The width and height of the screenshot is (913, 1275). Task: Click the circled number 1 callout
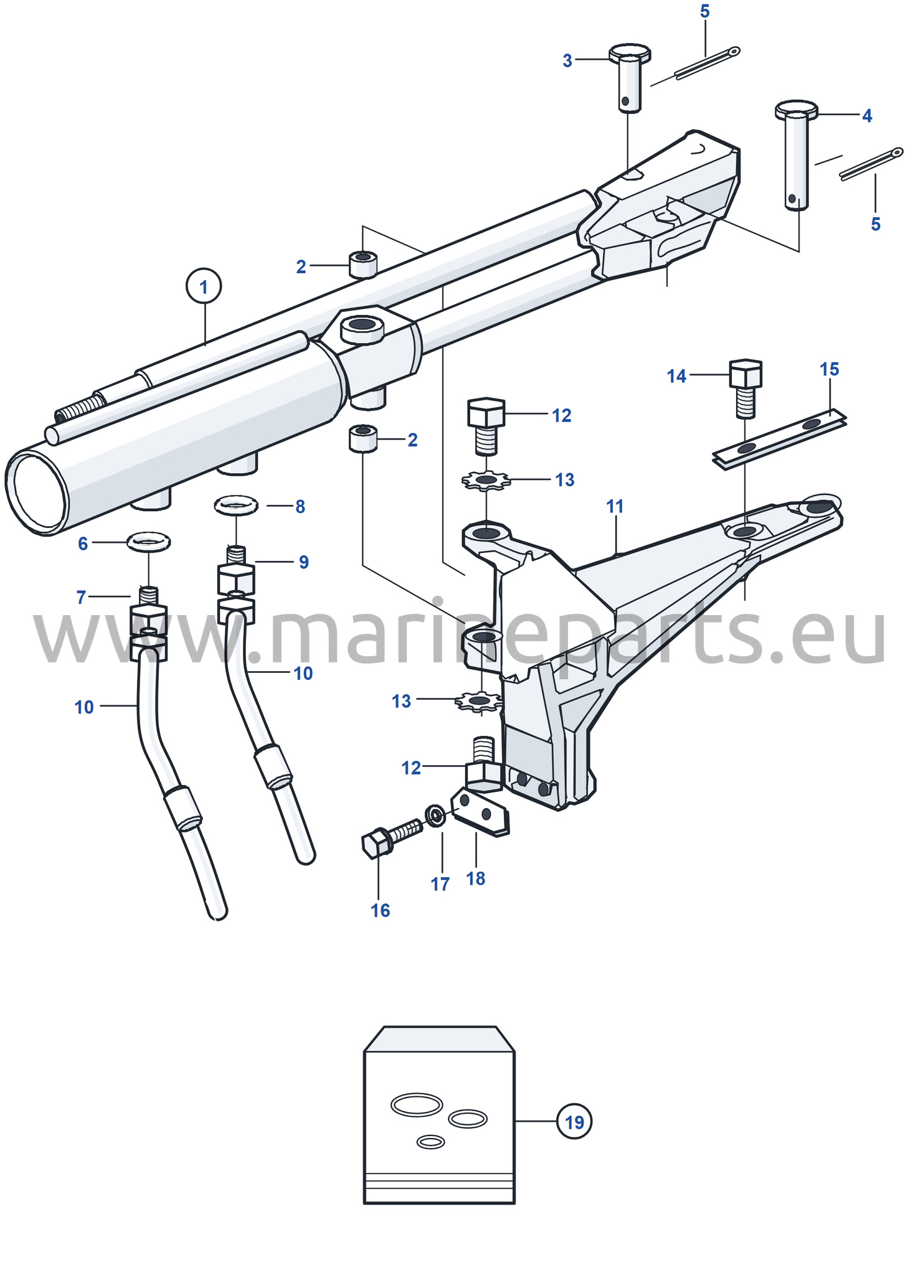point(204,286)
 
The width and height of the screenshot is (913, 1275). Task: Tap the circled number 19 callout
point(574,1121)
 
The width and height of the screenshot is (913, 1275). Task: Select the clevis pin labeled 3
point(630,78)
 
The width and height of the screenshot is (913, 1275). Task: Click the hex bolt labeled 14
point(745,388)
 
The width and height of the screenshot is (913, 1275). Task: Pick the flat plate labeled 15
point(780,439)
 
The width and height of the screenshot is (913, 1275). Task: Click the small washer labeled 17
point(435,816)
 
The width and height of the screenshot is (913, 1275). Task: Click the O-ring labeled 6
point(148,542)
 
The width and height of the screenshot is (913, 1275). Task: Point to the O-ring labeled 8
point(236,505)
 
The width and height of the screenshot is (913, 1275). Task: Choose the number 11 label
point(615,507)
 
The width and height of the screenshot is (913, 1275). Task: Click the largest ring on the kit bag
point(417,1105)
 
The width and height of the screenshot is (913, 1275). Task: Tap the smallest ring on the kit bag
point(430,1142)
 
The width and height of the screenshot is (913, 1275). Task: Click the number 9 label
point(304,562)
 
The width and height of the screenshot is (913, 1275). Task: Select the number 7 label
point(81,598)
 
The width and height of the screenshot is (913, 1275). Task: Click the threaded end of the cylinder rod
point(80,410)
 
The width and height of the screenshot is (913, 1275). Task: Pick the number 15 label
point(830,369)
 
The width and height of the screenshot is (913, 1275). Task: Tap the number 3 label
point(567,61)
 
